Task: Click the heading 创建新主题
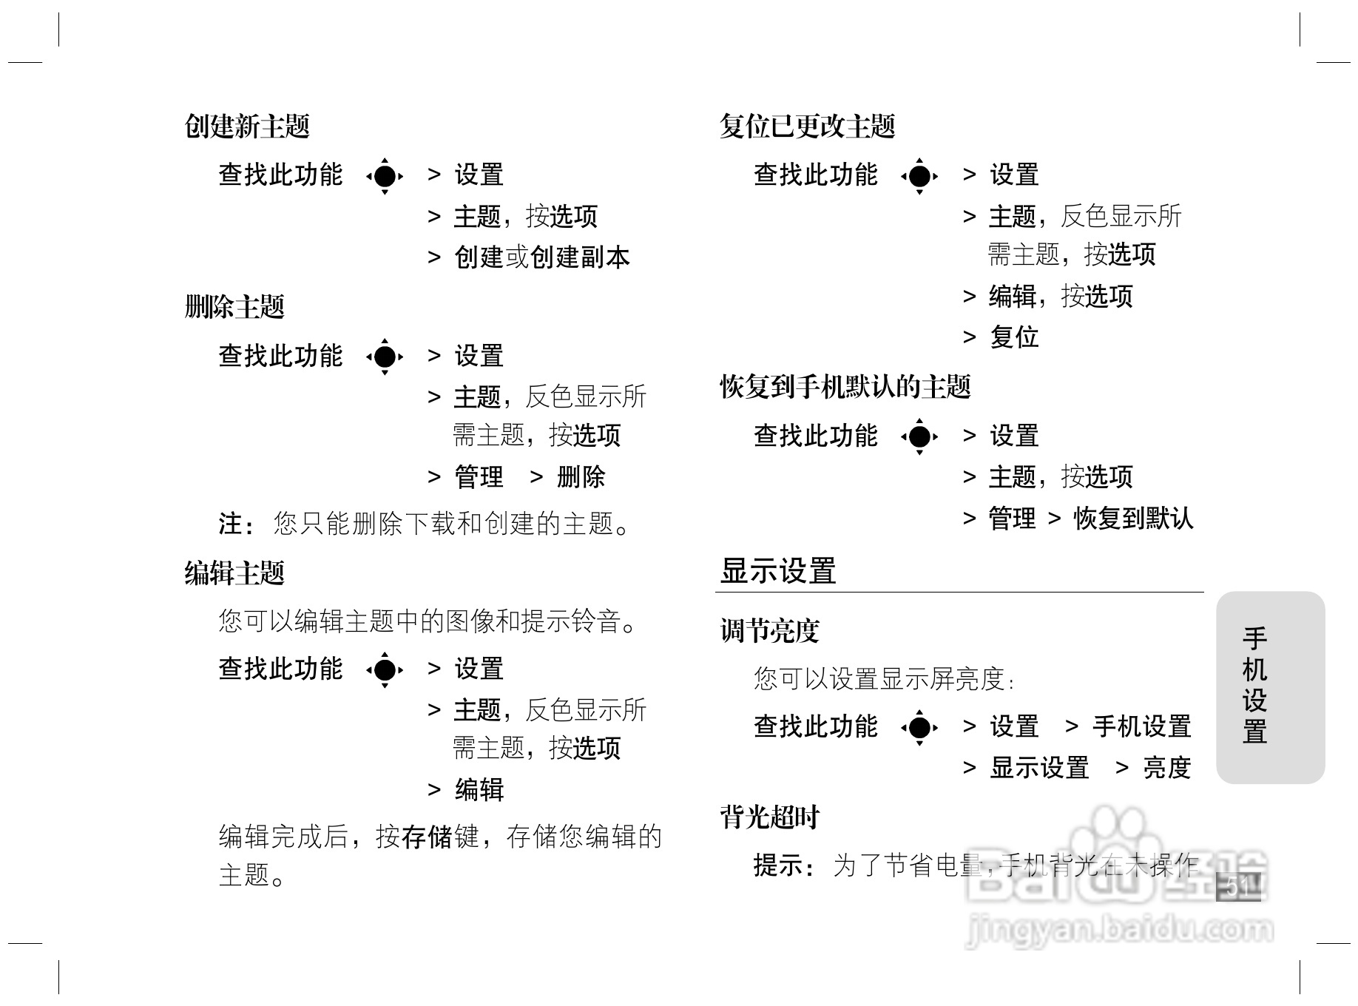[x=247, y=126]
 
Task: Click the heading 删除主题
[x=234, y=307]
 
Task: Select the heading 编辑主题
[x=234, y=573]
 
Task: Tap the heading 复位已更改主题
[x=808, y=126]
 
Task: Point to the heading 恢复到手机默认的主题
[x=845, y=387]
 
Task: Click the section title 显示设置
[x=778, y=572]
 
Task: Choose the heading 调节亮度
[x=770, y=631]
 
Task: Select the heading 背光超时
[x=770, y=817]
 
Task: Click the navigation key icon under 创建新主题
[x=385, y=176]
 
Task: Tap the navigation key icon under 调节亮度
[x=919, y=727]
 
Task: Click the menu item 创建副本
[x=580, y=257]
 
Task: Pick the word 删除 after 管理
[x=581, y=477]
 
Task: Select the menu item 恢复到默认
[x=1133, y=519]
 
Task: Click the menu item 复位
[x=1014, y=337]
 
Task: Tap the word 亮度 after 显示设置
[x=1166, y=768]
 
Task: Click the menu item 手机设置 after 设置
[x=1141, y=726]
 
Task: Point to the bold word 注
[x=230, y=524]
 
